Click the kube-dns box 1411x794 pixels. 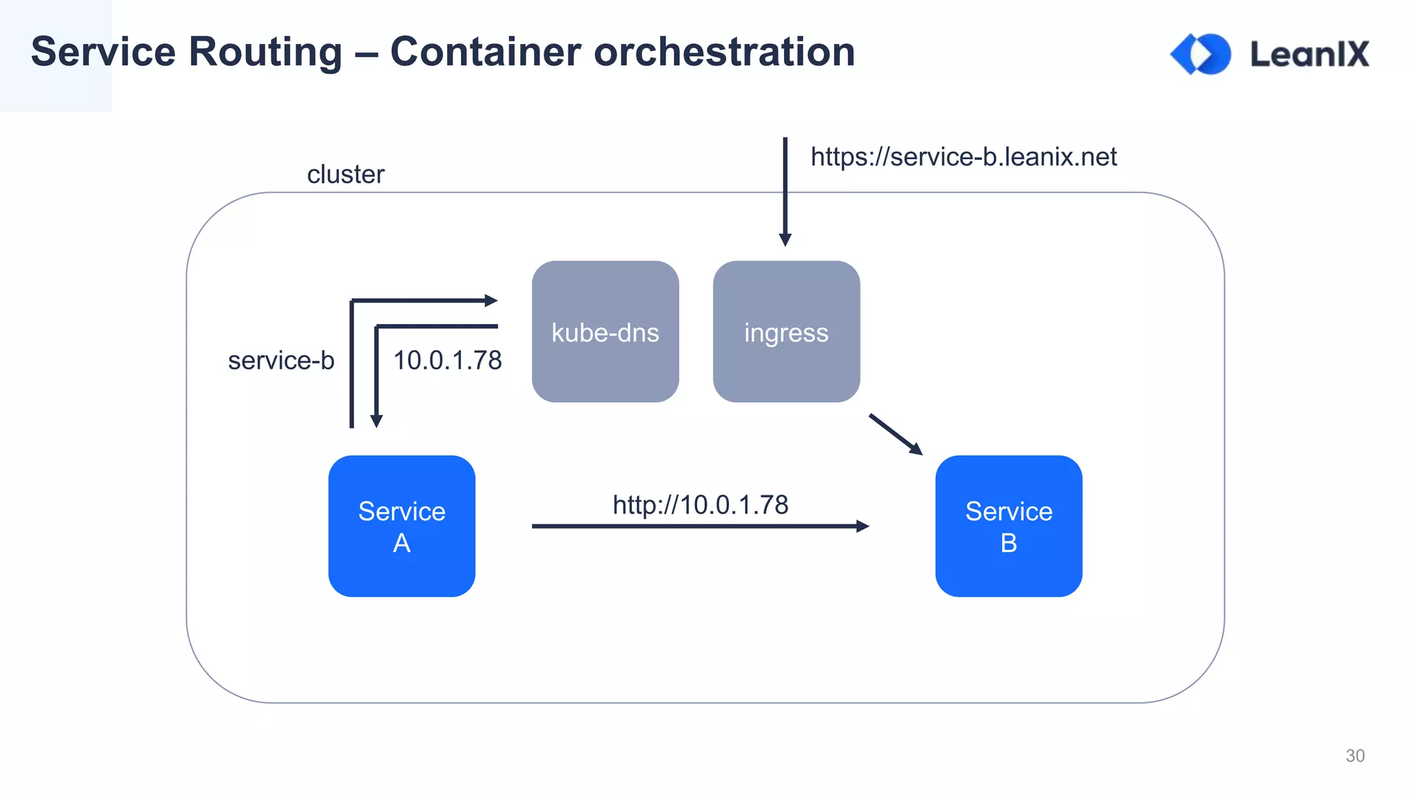coord(605,332)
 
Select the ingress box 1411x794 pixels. coord(786,332)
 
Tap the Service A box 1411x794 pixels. coord(402,526)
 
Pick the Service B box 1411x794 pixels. coord(1008,526)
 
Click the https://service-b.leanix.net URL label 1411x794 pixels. coord(963,157)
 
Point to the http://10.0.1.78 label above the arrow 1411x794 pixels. coord(700,505)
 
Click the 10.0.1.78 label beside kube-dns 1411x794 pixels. coord(447,360)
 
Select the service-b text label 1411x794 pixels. coord(281,360)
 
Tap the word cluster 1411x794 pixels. coord(345,174)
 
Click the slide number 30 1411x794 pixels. coord(1355,755)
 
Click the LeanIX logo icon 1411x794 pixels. coord(1200,54)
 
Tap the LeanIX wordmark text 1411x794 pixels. coord(1309,54)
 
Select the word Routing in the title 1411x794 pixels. coord(265,52)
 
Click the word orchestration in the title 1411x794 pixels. coord(724,52)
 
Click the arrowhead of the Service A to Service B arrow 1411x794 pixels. coord(863,526)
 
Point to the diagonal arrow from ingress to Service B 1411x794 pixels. coord(896,434)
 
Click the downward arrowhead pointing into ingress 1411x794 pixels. coord(785,240)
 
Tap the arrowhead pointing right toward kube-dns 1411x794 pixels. coord(491,301)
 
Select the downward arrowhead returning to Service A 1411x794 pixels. coord(376,421)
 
